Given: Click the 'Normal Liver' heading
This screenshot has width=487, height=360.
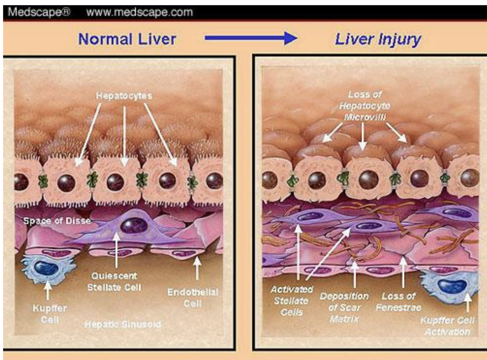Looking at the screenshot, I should click(x=127, y=39).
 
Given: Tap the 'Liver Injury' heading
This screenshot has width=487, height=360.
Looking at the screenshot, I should click(x=378, y=39).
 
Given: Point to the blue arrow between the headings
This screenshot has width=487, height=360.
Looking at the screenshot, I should click(x=250, y=38).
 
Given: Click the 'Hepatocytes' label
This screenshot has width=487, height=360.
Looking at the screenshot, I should click(x=124, y=96).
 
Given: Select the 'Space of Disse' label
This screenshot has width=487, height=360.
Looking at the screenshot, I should click(x=57, y=221).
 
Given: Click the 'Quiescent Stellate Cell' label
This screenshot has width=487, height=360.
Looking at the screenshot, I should click(x=114, y=282).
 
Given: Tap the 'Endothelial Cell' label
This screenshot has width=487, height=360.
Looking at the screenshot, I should click(x=193, y=298).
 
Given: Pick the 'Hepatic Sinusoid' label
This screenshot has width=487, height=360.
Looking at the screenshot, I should click(x=123, y=324).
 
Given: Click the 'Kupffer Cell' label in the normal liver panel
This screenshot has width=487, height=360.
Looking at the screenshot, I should click(x=50, y=314).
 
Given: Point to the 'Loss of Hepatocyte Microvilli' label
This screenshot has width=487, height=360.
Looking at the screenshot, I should click(x=364, y=106).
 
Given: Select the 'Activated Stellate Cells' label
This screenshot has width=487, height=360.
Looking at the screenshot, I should click(x=292, y=301).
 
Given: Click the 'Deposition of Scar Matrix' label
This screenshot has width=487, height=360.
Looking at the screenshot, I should click(x=344, y=307).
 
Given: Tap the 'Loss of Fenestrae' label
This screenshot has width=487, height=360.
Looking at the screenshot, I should click(x=398, y=302).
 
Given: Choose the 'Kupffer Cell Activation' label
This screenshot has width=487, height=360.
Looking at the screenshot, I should click(x=447, y=326).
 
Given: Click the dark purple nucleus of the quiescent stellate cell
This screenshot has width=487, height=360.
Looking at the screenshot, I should click(x=134, y=226).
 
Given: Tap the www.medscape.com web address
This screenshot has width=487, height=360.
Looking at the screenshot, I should click(x=139, y=12).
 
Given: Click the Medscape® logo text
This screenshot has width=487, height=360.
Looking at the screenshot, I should click(x=39, y=12).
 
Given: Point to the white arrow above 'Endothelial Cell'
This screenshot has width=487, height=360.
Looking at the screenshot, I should click(x=197, y=268).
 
